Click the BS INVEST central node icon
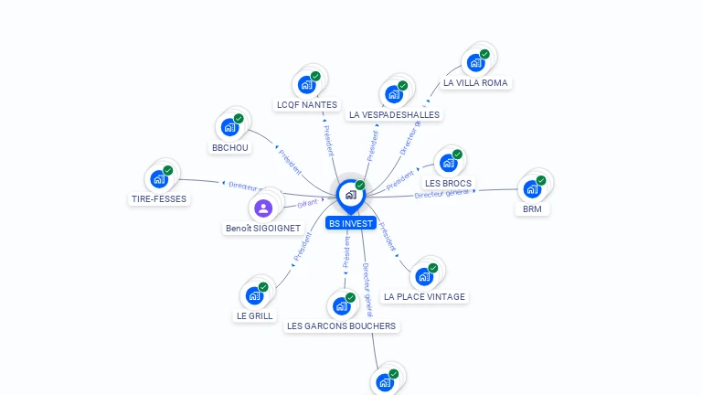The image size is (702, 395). coord(350,195)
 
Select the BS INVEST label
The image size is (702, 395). coord(351,222)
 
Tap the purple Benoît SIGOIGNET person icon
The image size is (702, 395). coord(263,208)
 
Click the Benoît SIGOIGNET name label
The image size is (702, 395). coord(262,228)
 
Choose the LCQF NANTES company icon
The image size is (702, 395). coord(306,84)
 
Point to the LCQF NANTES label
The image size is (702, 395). coord(306,105)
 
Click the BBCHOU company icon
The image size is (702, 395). coord(229,127)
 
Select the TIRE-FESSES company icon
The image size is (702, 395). coord(159,178)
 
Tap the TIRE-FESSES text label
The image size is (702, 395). coord(158,198)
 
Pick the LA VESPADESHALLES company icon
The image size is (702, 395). coord(393,94)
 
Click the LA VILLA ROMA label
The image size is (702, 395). coord(474,82)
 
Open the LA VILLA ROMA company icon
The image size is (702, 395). coord(475,62)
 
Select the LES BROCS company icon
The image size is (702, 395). coord(448,163)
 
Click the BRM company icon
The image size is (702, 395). coord(532,189)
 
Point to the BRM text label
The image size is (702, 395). coord(532,209)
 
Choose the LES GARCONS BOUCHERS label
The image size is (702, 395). coord(341,326)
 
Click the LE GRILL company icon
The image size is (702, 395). coord(254,295)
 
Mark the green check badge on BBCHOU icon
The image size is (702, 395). coord(239,119)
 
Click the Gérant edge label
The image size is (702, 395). coord(306,203)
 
